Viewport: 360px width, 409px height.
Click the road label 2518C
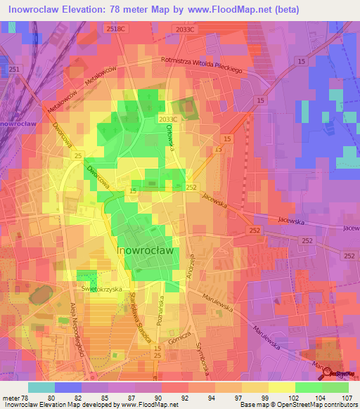pos(115,29)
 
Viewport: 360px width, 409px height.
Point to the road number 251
pos(15,68)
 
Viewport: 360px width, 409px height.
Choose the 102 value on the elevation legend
pos(282,397)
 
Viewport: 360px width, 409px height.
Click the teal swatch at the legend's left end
pos(41,387)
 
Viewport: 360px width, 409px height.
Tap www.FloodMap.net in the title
pos(229,10)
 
